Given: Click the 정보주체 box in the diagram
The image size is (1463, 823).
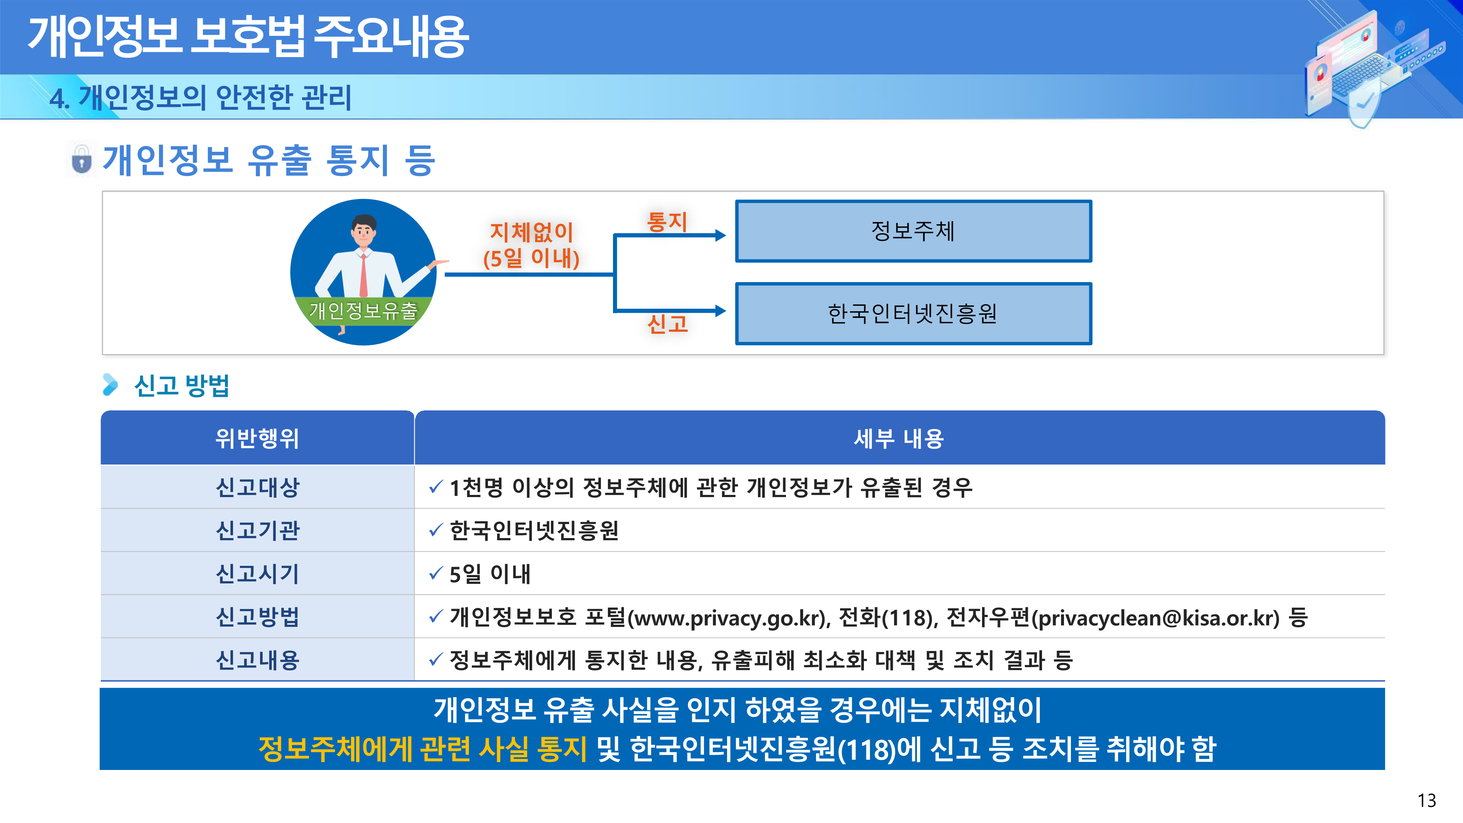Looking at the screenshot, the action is (913, 231).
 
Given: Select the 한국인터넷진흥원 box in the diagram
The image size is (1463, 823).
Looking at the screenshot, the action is (913, 313).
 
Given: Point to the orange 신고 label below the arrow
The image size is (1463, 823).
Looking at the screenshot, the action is (667, 324).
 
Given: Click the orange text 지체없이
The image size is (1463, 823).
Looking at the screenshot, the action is (531, 232).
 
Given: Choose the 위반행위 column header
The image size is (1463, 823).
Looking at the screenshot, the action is (257, 438).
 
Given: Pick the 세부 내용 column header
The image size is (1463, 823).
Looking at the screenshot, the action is (899, 438).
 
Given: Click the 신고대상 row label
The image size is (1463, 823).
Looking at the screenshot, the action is (257, 487).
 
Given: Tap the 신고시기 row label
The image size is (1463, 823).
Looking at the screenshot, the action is (257, 574).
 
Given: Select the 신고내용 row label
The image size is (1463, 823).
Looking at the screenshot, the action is (257, 660).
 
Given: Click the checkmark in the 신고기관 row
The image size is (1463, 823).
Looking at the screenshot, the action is (436, 530).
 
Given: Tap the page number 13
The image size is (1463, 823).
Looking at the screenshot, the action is (1427, 800).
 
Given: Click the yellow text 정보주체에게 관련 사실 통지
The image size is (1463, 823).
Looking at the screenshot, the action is (422, 749).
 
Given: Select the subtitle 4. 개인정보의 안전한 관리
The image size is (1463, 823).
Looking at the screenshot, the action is (200, 97).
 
